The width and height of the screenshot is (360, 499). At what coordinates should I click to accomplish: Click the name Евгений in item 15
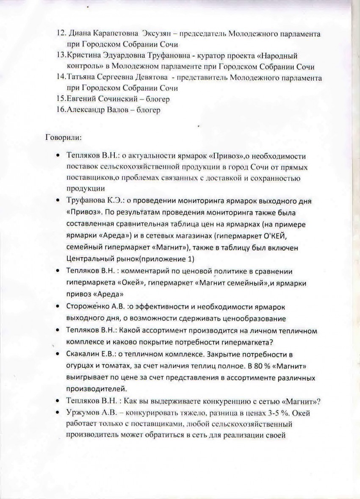[x=82, y=100]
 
